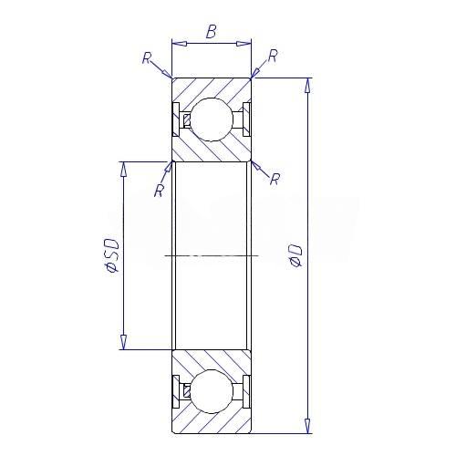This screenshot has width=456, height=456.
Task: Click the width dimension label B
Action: click(x=212, y=32)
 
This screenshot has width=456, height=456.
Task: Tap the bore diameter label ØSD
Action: click(x=110, y=255)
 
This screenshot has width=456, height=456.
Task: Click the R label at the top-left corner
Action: click(x=147, y=57)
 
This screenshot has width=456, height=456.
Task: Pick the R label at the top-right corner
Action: click(x=273, y=56)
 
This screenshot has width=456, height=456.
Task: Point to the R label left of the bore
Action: click(x=159, y=191)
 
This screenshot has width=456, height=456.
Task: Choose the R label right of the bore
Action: click(x=275, y=179)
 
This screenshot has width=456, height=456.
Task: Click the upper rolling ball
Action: click(x=212, y=119)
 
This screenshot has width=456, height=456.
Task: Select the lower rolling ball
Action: click(x=212, y=391)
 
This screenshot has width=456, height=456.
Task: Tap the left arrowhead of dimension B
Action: click(x=179, y=44)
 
